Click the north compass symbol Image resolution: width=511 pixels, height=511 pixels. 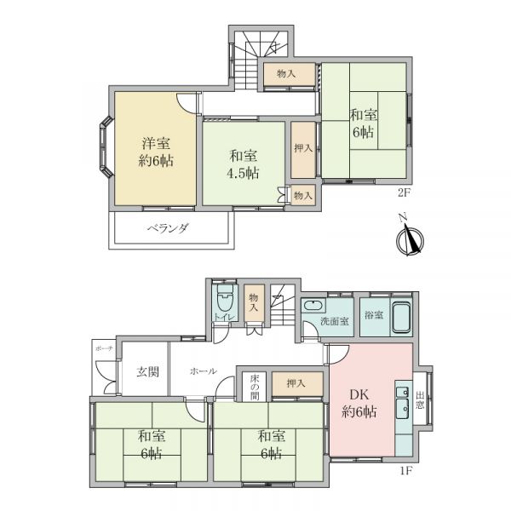tap(410, 238)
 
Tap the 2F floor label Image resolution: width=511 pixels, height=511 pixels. tap(403, 193)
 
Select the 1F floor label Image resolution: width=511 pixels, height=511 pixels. tap(406, 471)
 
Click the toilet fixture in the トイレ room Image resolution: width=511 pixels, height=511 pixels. tap(225, 298)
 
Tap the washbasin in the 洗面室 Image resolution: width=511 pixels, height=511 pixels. tap(313, 306)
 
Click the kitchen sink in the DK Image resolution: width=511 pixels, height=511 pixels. tap(403, 400)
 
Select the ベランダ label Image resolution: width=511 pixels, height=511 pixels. tap(168, 229)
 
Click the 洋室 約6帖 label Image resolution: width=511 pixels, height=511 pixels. tap(156, 152)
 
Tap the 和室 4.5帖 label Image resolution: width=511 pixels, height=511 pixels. tap(243, 164)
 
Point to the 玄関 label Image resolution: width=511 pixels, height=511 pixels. tap(147, 371)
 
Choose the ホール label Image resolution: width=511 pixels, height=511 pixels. tap(203, 370)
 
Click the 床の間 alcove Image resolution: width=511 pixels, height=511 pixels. tap(255, 387)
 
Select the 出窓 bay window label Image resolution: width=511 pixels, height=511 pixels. tap(420, 400)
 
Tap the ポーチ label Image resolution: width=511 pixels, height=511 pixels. tap(104, 348)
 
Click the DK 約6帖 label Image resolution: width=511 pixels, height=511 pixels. tap(359, 404)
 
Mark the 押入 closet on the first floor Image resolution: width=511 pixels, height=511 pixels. tap(297, 383)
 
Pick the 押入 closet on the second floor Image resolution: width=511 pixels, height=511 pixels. tap(303, 149)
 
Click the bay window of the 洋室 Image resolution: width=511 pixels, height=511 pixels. tap(106, 147)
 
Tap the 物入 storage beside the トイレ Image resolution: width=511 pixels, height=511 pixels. tap(254, 302)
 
